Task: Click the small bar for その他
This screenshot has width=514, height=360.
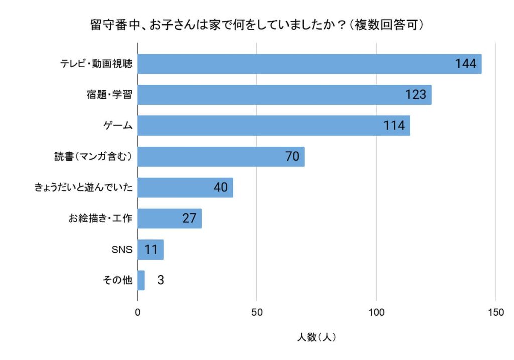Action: click(x=141, y=280)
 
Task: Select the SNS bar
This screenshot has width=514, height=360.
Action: click(x=151, y=250)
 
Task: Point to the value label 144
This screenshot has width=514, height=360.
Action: click(x=465, y=64)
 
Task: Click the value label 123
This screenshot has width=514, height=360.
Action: click(x=415, y=95)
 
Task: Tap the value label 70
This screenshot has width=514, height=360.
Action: click(x=292, y=157)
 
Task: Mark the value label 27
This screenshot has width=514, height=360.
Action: click(x=189, y=218)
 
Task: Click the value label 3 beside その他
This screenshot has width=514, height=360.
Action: click(x=160, y=280)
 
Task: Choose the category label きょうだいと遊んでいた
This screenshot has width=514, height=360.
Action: click(x=83, y=188)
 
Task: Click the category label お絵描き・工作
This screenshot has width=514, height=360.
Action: click(x=100, y=218)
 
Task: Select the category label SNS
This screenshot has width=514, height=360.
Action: click(x=122, y=250)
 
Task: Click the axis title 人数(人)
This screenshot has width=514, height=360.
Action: click(x=316, y=337)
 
